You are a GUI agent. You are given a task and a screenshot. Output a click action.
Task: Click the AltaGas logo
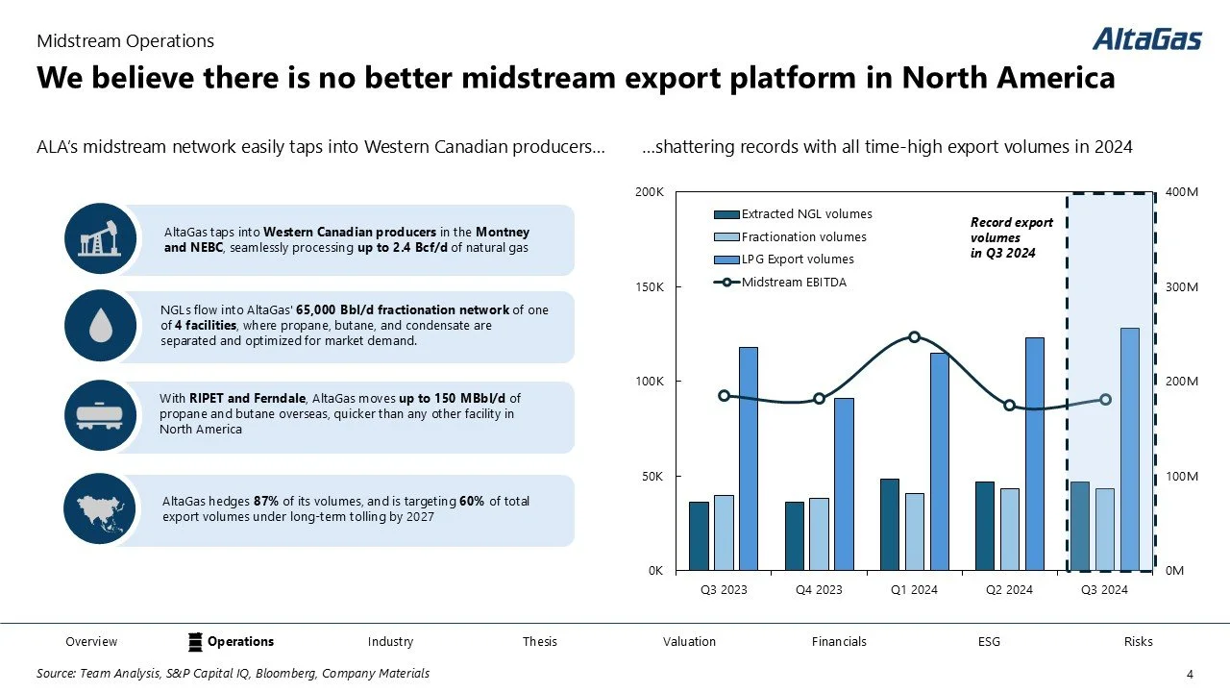coord(1146,39)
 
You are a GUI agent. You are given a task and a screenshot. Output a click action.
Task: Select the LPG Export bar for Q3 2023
coord(749,458)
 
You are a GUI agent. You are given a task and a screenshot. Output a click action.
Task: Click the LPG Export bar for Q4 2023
coord(844,483)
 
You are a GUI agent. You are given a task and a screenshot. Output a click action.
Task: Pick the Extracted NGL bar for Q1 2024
coord(890,524)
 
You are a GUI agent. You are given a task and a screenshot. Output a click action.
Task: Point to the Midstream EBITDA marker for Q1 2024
coord(914,337)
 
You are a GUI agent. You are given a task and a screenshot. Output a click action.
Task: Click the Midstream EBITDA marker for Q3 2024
coord(1105,399)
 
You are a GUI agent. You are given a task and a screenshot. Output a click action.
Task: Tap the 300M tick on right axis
coord(1181,287)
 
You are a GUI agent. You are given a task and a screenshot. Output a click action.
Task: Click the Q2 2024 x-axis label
coord(1009,589)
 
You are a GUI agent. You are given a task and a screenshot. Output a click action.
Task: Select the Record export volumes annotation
coord(1011,237)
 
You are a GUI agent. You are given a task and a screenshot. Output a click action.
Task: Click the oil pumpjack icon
coord(100,238)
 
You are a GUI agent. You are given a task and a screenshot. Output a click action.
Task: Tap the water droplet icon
coord(100,327)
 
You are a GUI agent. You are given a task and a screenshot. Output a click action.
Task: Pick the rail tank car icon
coord(100,416)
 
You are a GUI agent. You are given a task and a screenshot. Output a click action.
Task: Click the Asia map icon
coord(100,509)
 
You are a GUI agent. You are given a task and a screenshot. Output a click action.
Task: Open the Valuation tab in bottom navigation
coord(689,641)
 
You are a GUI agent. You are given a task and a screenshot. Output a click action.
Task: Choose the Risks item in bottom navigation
coord(1138,641)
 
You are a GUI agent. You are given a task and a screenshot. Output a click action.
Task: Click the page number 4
coord(1190,673)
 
